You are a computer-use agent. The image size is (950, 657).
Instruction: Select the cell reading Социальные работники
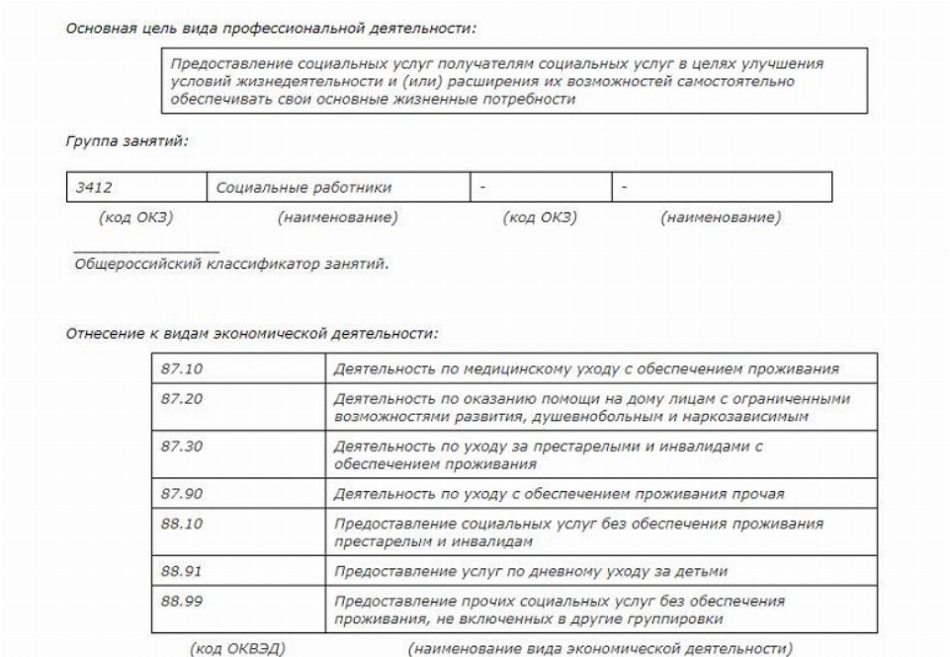303,187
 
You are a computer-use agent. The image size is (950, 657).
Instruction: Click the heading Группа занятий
127,141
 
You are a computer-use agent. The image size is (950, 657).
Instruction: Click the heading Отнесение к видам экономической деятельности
251,334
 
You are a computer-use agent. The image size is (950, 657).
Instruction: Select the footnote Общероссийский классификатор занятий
231,264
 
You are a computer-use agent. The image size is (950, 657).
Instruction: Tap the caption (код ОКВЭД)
237,648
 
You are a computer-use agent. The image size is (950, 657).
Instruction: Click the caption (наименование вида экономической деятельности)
599,648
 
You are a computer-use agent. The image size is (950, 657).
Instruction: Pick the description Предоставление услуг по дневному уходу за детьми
531,571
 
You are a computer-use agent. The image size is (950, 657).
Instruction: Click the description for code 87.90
559,494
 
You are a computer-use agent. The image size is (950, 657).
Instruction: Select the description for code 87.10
586,370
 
